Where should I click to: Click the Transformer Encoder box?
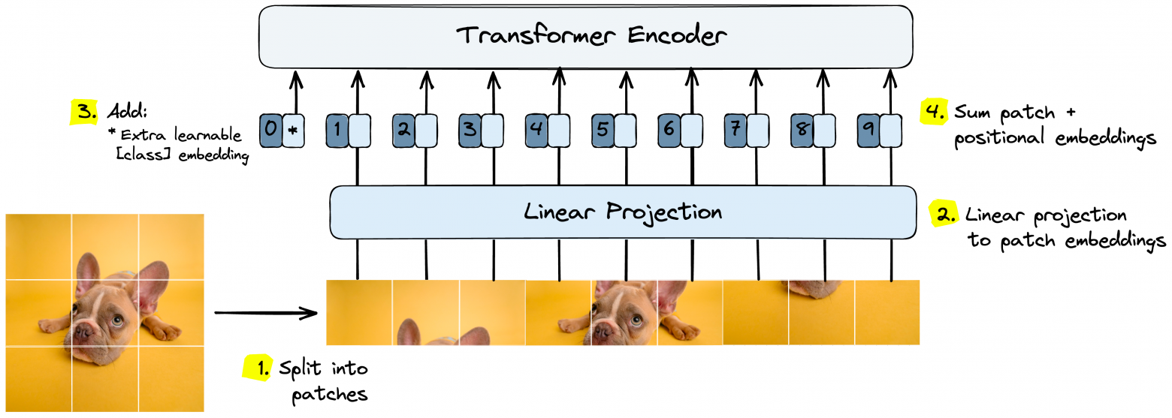coord(586,35)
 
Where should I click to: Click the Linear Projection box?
coord(622,212)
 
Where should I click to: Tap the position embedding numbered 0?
coord(270,129)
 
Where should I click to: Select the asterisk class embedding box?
coord(292,129)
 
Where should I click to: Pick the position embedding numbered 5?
coord(603,129)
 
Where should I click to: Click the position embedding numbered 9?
coord(868,129)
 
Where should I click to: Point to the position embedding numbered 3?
coord(470,129)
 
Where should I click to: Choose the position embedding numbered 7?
coord(736,129)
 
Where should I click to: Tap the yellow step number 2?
coord(944,215)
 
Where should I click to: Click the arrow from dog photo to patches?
coord(266,311)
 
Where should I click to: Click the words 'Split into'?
coord(323,368)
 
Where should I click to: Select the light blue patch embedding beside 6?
coord(690,129)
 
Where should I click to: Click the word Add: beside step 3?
coord(127,112)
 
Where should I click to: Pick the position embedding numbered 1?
coord(337,129)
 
